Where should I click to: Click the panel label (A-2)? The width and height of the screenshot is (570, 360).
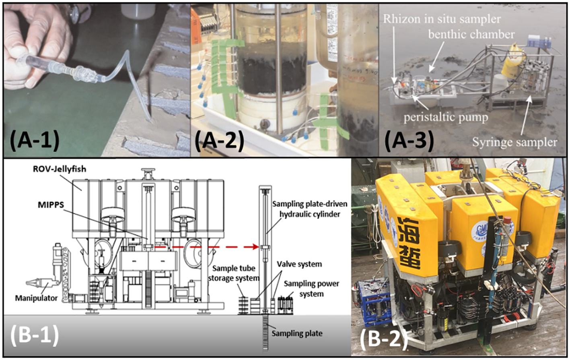pyautogui.click(x=220, y=141)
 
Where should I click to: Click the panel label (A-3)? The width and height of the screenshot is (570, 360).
pyautogui.click(x=409, y=141)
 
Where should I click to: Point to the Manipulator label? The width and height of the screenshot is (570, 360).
pyautogui.click(x=36, y=298)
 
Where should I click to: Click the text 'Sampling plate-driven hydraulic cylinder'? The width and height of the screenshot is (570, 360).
pyautogui.click(x=309, y=209)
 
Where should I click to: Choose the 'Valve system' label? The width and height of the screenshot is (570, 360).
pyautogui.click(x=299, y=264)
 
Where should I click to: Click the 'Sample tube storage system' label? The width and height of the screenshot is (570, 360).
pyautogui.click(x=234, y=273)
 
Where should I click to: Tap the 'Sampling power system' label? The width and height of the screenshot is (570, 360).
pyautogui.click(x=311, y=289)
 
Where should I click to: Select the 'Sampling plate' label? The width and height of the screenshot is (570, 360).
pyautogui.click(x=296, y=333)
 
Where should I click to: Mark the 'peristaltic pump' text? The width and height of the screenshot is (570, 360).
pyautogui.click(x=446, y=117)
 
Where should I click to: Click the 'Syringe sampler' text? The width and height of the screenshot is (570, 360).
pyautogui.click(x=514, y=142)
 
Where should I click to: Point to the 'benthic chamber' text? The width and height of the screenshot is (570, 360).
pyautogui.click(x=471, y=34)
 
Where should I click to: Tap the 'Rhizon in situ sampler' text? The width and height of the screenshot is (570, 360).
pyautogui.click(x=442, y=19)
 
